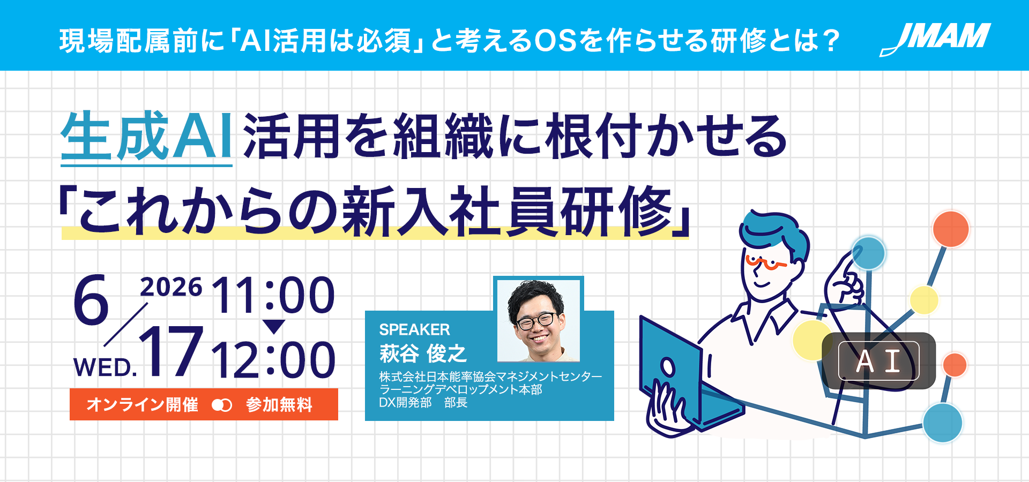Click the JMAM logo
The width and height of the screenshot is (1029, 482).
(935, 39)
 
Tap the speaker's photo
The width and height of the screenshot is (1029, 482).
(538, 320)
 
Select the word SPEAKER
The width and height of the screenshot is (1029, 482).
(414, 329)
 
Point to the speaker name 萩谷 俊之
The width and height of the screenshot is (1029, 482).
(422, 353)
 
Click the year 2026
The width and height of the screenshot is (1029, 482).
(171, 288)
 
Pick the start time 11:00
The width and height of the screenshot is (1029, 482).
(273, 295)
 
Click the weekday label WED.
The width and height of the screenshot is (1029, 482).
(105, 368)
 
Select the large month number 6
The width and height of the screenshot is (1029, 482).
(91, 300)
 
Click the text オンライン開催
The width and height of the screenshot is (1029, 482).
(142, 404)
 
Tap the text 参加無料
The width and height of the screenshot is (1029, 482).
(279, 404)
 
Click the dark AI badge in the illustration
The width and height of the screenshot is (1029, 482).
(878, 360)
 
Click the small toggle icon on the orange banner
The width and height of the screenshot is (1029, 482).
(222, 405)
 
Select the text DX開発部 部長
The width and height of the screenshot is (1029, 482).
(423, 403)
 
